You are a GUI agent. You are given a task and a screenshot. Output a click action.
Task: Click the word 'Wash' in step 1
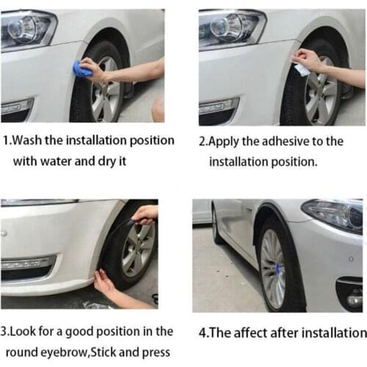coord(32,139)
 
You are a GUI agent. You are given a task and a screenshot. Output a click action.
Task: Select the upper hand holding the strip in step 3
coord(145,214)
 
